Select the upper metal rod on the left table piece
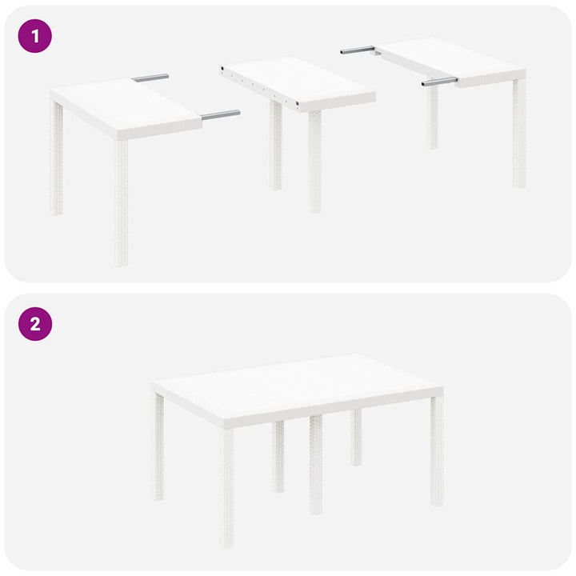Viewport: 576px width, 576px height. pos(150,78)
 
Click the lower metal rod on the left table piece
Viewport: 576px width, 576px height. pos(220,115)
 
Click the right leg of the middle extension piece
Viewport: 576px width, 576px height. pos(314,160)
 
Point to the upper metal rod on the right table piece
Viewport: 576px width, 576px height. pos(358,50)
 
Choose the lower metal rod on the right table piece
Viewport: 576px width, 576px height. pos(439,81)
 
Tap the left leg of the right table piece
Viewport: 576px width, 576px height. pos(433,116)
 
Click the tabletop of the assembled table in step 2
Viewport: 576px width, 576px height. pos(296,388)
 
